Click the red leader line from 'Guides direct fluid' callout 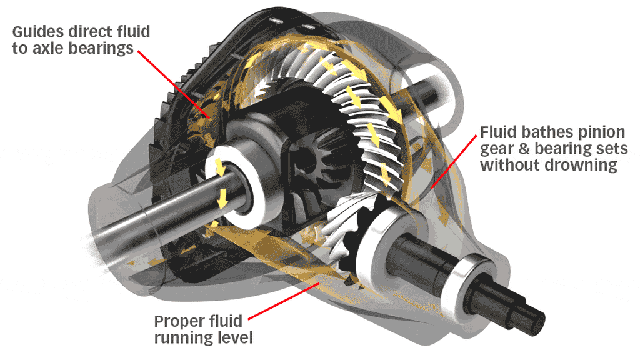[x=172, y=81]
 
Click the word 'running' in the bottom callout [x=181, y=339]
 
